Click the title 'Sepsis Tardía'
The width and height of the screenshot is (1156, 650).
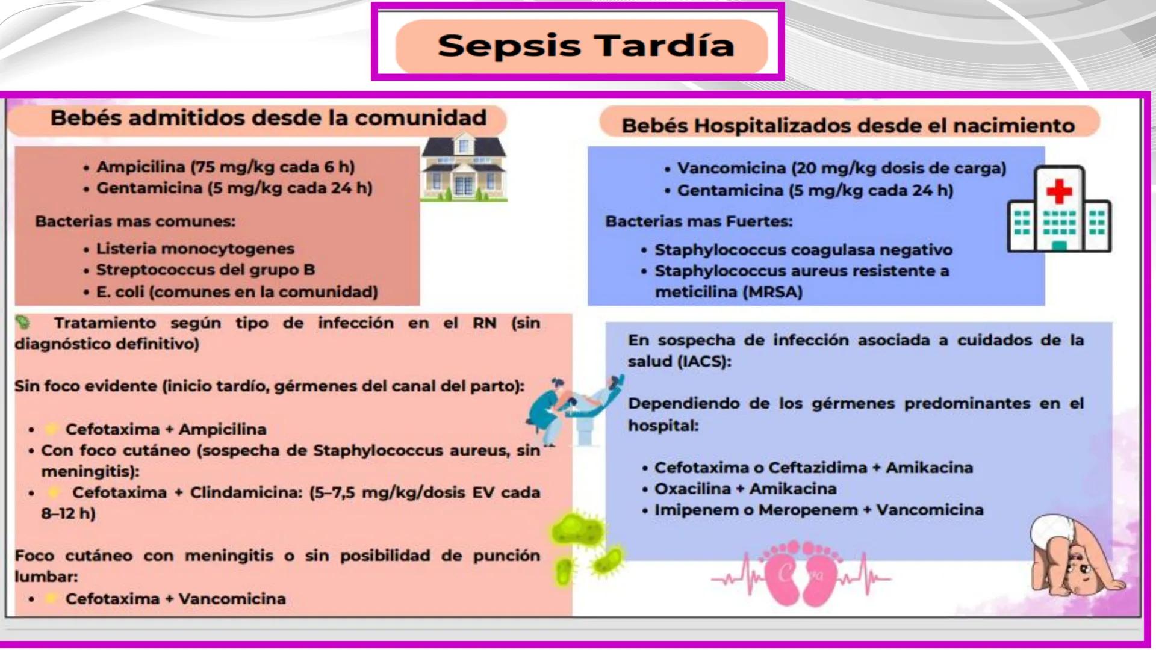pos(585,46)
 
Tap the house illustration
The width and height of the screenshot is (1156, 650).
pos(464,170)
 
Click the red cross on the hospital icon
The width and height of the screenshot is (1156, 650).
pos(1059,192)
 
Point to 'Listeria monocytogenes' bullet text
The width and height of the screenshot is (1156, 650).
pos(195,249)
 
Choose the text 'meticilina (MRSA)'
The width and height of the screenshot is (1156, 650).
pos(729,292)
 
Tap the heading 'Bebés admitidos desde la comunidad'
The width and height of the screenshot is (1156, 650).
pos(268,118)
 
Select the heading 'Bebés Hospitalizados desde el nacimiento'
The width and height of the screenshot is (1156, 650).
pos(848,125)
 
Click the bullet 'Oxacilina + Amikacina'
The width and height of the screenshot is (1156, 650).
pos(745,489)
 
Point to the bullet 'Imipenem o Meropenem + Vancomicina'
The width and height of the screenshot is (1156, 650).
pos(819,510)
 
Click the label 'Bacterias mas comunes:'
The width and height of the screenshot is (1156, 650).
pos(135,221)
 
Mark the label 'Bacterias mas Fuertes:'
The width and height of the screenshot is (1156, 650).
pos(698,221)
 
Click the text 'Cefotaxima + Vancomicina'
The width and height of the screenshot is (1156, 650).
pos(175,599)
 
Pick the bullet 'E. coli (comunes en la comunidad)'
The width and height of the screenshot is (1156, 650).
pos(237,292)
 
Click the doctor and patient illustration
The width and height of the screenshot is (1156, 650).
pos(575,409)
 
